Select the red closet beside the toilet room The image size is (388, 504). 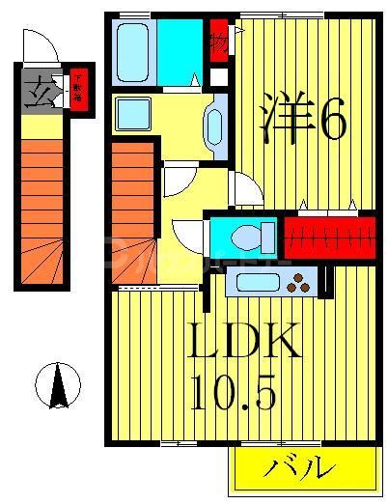coord(327,235)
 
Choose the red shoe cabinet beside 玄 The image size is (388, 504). coord(78,92)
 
